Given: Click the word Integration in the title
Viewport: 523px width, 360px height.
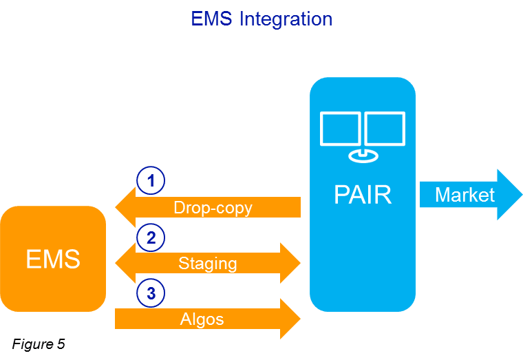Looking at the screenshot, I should pos(286,19).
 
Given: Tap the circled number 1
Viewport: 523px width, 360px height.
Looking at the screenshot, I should pos(151,181).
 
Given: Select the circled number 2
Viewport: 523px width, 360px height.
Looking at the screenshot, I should pos(151,237).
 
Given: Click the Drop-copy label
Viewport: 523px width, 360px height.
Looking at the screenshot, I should pos(213,207).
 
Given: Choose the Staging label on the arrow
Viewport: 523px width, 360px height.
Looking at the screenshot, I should pos(208,263).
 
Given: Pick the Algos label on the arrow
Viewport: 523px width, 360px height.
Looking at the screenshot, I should pos(202,319).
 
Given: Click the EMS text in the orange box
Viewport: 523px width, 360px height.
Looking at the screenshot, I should pos(53,260).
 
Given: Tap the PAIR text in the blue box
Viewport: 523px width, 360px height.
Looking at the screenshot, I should pos(363,195).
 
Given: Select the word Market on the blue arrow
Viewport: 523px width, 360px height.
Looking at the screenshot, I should pos(465,195).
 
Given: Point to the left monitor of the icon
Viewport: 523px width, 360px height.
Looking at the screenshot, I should pos(340,129).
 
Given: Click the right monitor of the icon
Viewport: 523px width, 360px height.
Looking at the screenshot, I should pos(385,129).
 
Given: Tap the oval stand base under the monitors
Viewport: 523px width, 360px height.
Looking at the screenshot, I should pos(363,156).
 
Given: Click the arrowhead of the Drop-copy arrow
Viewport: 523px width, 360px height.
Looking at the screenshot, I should pos(125,207).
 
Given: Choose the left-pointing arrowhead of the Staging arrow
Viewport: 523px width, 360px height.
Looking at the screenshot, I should pos(125,263).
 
